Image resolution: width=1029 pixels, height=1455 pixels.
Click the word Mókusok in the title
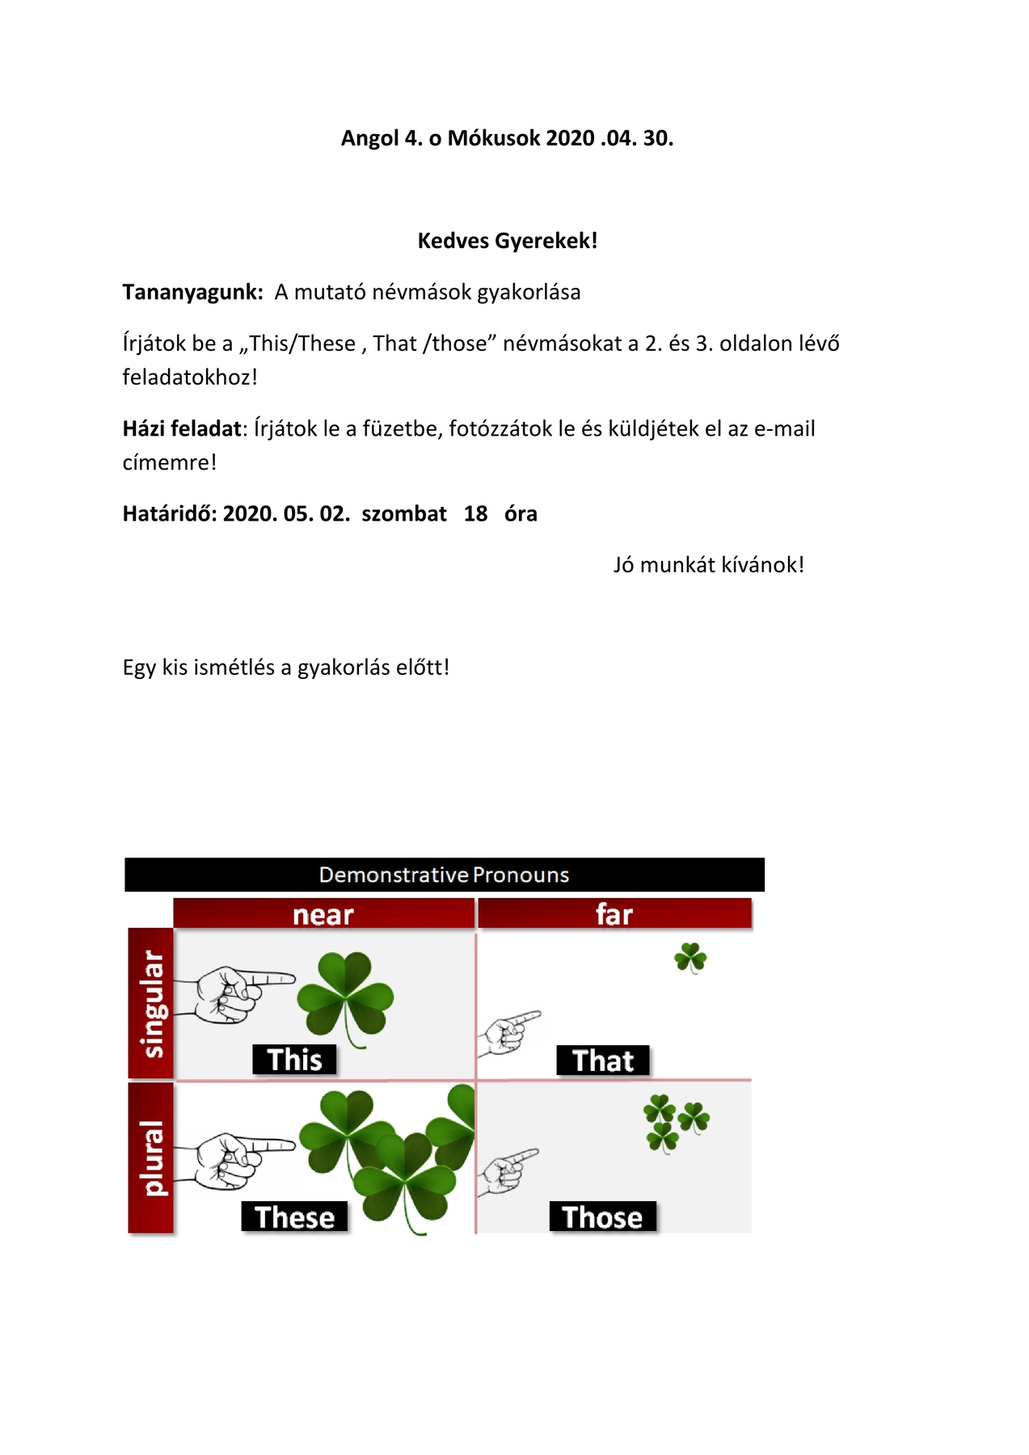493,138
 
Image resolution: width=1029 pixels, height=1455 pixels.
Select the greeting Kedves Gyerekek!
508,241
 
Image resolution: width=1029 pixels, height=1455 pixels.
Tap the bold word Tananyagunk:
192,292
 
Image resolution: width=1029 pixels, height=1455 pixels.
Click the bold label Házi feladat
182,428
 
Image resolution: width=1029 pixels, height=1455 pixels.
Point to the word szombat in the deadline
404,514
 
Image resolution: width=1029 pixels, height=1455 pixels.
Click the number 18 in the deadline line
475,514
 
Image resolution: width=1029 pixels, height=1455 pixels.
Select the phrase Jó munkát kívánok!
708,565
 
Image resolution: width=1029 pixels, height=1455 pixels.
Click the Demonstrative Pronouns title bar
444,875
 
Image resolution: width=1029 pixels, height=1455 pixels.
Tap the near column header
323,914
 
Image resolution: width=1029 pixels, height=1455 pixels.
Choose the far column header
614,914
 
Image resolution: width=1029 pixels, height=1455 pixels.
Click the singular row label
151,1003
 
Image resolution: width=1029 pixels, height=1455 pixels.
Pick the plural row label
151,1158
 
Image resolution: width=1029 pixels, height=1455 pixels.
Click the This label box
294,1060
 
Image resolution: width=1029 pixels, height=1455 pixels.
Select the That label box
603,1061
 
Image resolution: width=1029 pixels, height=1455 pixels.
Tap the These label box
294,1217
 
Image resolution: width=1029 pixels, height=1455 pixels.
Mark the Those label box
602,1217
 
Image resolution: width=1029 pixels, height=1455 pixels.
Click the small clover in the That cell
690,958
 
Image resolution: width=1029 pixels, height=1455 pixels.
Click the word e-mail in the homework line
784,428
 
